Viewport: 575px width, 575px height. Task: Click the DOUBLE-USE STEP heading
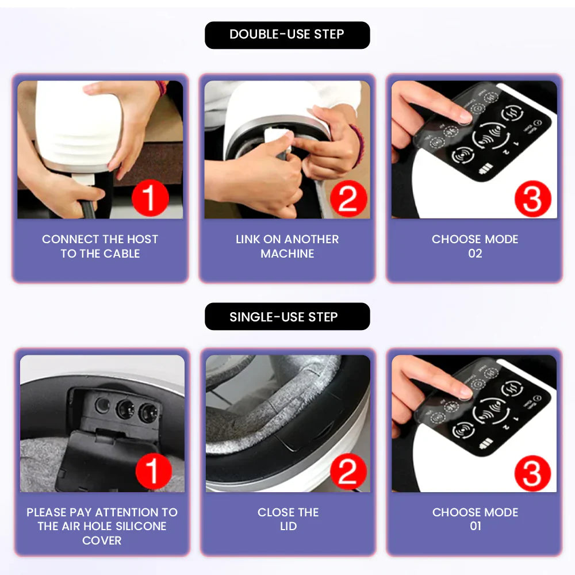point(287,34)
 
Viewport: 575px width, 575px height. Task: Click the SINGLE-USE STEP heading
point(287,317)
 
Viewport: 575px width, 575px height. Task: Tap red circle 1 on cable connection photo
point(149,198)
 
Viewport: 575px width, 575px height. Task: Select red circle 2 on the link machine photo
point(348,198)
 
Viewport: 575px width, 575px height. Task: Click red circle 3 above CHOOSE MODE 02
point(532,198)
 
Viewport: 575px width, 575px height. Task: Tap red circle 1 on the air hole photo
point(153,472)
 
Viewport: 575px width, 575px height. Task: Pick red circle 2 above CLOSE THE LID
point(348,472)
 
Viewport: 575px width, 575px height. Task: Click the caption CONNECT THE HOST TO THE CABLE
point(100,246)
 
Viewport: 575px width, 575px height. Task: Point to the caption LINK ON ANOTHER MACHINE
point(287,246)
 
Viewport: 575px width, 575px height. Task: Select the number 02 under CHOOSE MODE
point(475,254)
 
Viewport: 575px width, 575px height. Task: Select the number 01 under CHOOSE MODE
point(475,526)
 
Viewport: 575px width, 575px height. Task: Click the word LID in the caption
point(288,526)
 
